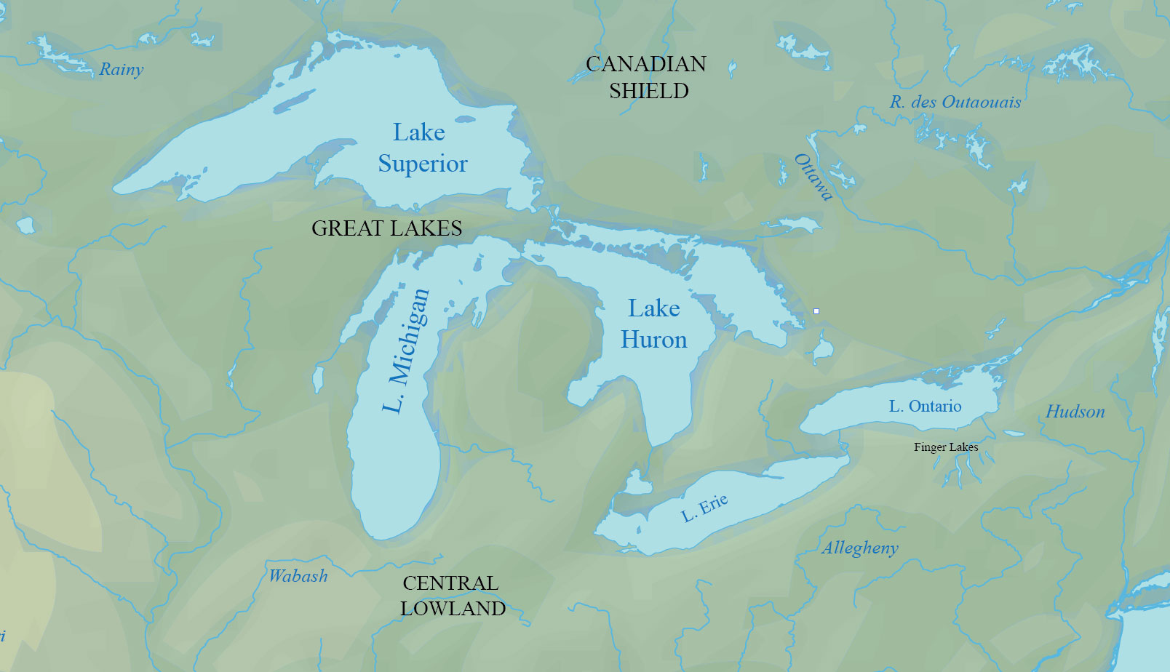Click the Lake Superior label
[x=422, y=148]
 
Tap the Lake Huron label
[x=653, y=324]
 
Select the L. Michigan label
[x=406, y=351]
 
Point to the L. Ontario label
[x=925, y=407]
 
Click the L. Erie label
[x=704, y=508]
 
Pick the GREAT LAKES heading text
[x=386, y=228]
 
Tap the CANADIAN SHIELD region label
[x=647, y=77]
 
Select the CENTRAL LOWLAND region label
[x=452, y=596]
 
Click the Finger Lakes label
[x=946, y=447]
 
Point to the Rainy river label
[x=122, y=70]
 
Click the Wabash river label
[x=298, y=576]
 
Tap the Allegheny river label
[x=860, y=548]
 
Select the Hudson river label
[x=1075, y=412]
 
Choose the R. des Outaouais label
[x=955, y=103]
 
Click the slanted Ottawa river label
[x=813, y=177]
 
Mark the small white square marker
[x=816, y=311]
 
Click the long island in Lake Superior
[x=295, y=101]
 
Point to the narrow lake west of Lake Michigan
[x=318, y=379]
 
